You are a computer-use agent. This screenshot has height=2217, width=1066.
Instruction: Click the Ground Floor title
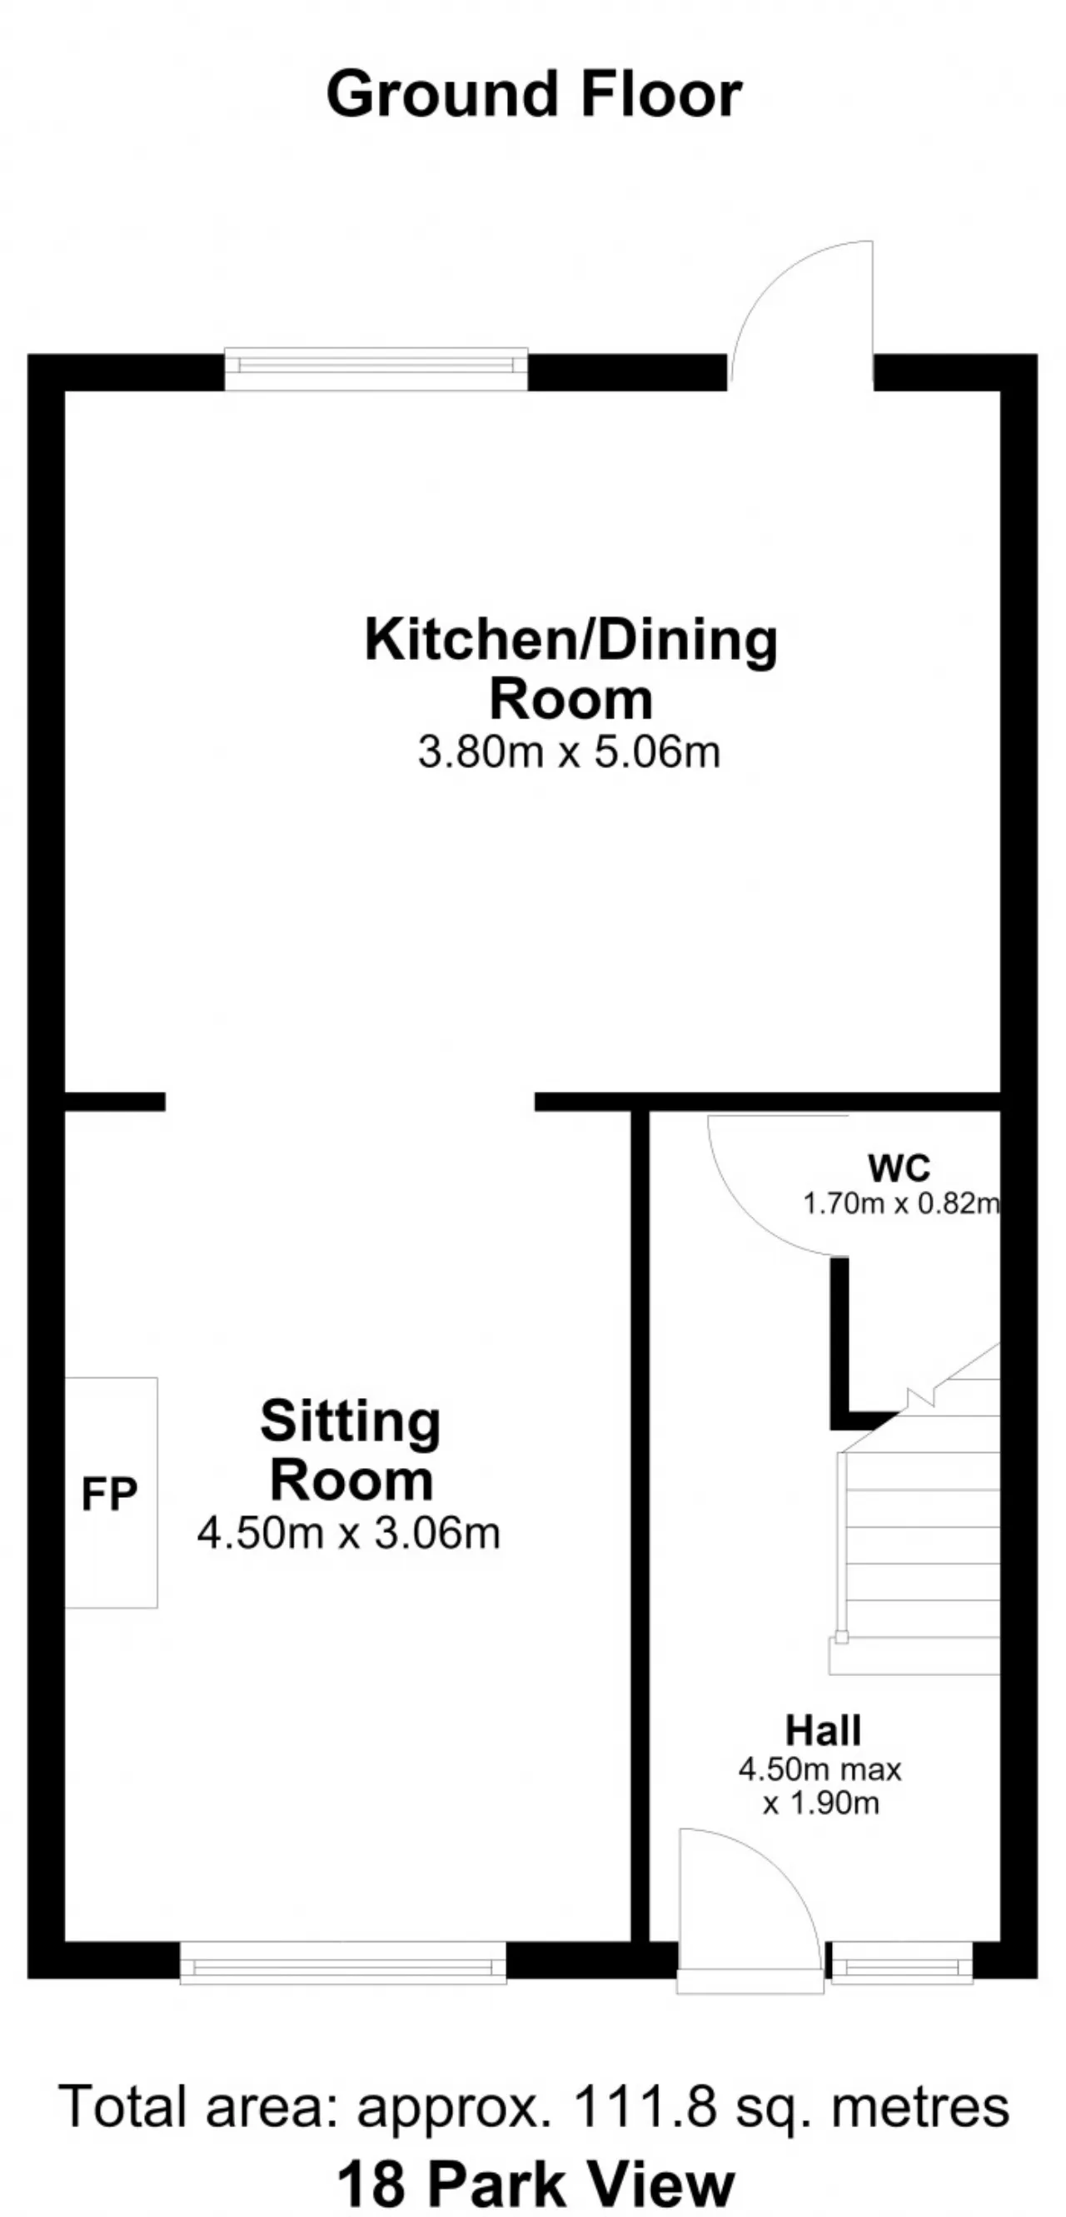pos(534,95)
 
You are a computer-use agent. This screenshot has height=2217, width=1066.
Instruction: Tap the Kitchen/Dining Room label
pos(570,669)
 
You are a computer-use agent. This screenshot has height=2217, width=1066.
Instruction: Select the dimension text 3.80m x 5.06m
pos(569,751)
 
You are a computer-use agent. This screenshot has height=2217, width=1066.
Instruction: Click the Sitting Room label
pos(351,1450)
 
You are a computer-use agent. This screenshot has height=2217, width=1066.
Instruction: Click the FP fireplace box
pos(110,1492)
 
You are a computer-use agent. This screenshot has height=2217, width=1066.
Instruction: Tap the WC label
pos(899,1168)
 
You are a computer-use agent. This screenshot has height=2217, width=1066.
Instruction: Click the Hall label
pos(823,1731)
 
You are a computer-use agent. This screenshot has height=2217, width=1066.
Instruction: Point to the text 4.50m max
pos(819,1769)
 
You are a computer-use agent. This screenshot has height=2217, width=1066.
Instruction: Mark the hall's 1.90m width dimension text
pos(820,1803)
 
